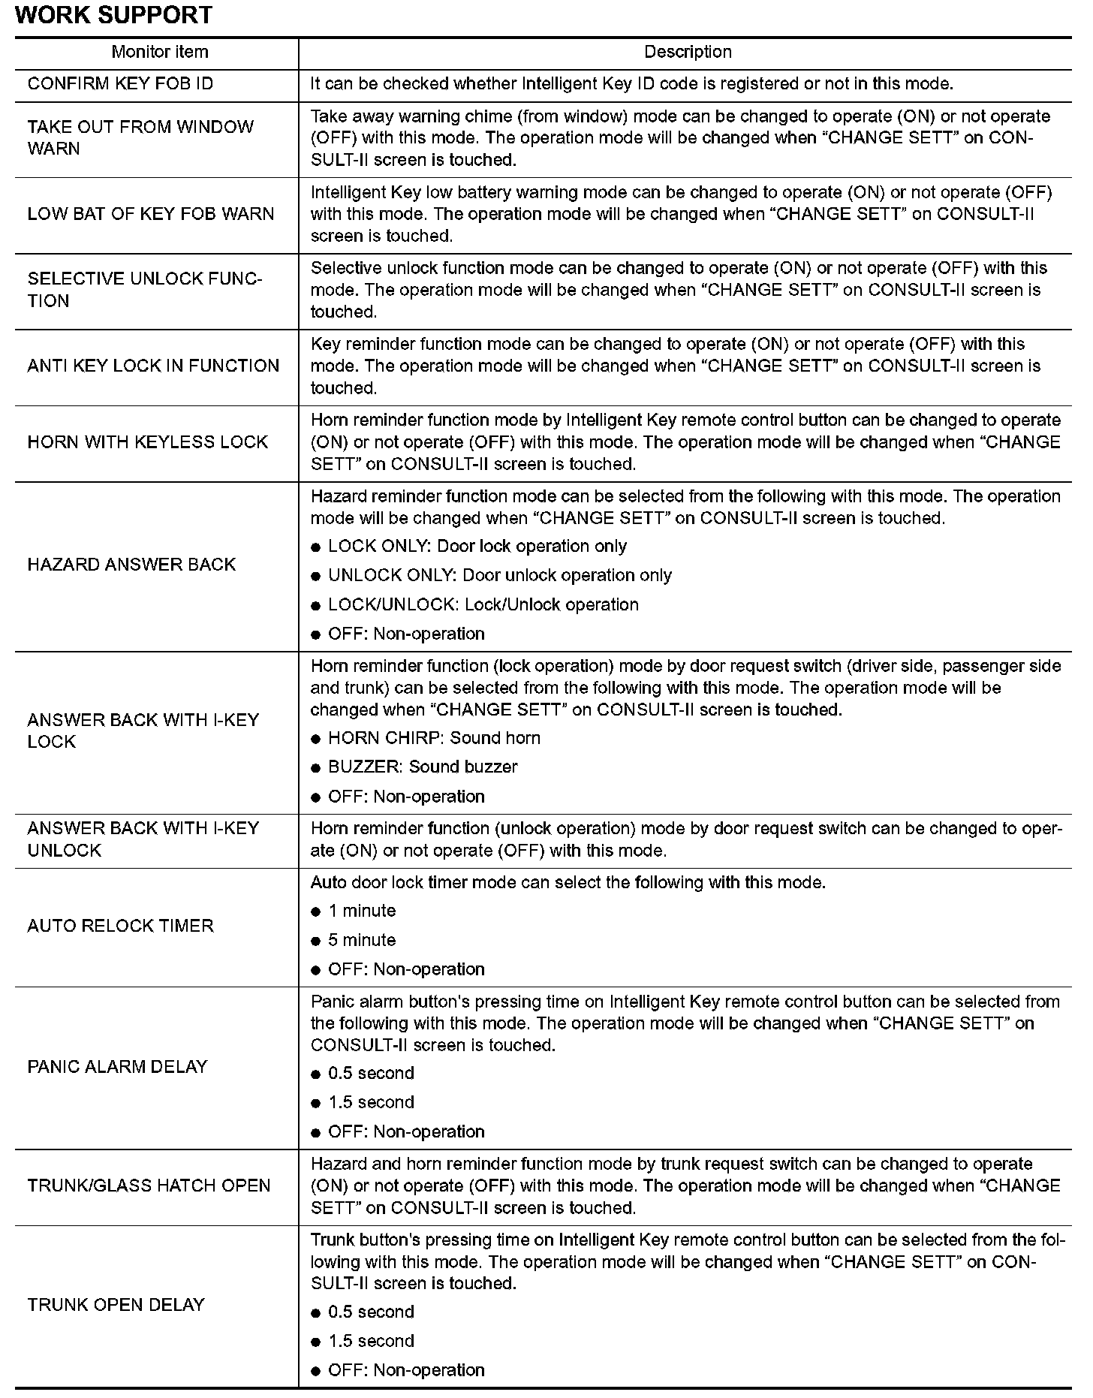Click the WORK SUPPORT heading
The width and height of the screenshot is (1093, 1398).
(113, 15)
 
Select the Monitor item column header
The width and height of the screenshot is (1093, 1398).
(159, 52)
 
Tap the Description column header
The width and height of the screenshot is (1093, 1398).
(688, 52)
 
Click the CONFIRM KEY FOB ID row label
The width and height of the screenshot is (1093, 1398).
(120, 83)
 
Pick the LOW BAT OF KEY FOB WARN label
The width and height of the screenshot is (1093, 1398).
(151, 214)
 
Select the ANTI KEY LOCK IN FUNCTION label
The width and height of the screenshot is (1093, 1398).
(153, 366)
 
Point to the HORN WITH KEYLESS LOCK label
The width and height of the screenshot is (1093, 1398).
(148, 442)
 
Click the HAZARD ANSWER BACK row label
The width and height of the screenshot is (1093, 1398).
(131, 565)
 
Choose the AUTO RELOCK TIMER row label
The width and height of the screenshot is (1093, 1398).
(120, 926)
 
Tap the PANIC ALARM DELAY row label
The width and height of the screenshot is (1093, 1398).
(117, 1067)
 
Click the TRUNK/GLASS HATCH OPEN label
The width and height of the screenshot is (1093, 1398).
(149, 1186)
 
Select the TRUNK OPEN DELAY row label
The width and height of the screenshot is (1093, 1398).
(116, 1305)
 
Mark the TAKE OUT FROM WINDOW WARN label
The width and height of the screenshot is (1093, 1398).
(140, 137)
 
